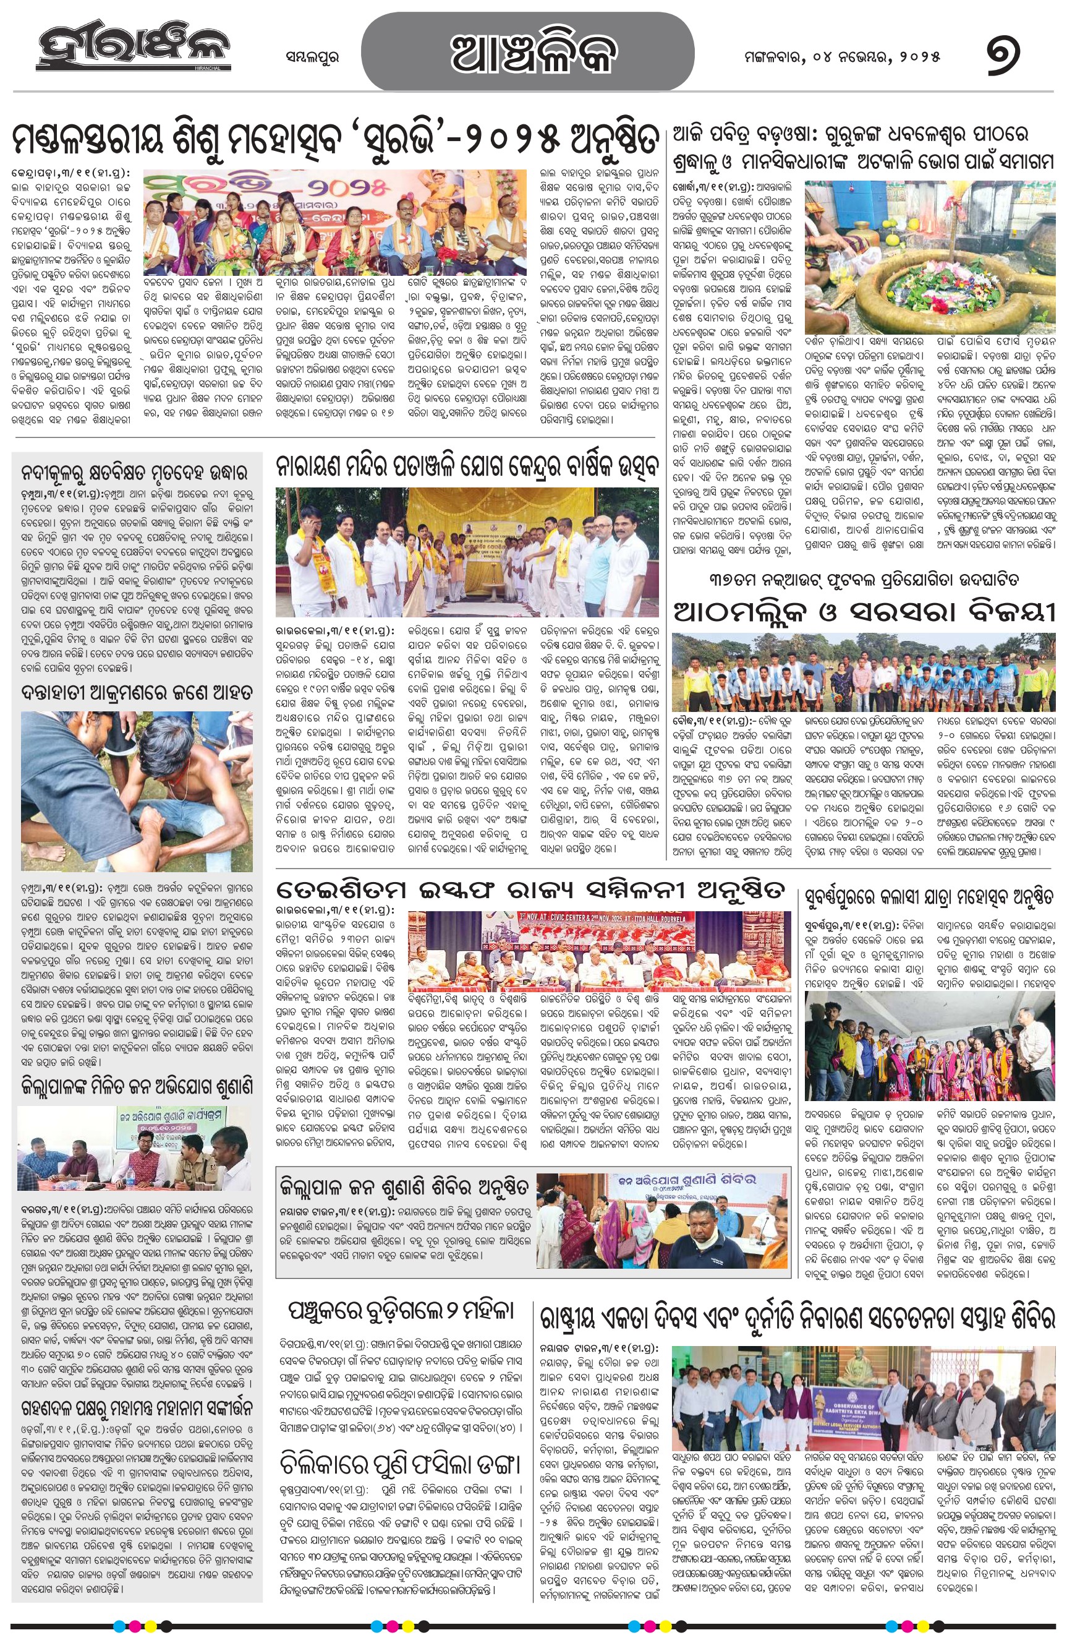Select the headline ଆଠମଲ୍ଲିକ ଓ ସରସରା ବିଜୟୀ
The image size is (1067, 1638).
[x=864, y=611]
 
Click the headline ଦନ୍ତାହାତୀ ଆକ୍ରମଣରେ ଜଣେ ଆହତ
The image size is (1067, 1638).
[x=137, y=692]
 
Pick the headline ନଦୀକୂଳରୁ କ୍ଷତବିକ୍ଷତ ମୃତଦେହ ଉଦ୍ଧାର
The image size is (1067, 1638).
[x=137, y=473]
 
